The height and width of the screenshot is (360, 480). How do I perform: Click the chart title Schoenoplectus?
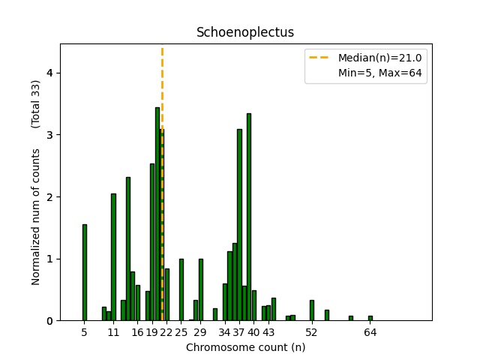245,32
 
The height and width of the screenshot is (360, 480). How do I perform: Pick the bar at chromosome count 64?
370,318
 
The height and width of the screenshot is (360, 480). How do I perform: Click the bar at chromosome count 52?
312,310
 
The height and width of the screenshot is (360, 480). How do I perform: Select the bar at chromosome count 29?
200,289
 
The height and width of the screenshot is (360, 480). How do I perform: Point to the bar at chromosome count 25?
181,289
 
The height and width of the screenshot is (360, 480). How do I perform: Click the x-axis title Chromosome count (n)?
245,347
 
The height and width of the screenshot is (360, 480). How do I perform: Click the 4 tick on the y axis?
56,73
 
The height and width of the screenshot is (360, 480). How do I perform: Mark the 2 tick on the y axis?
56,197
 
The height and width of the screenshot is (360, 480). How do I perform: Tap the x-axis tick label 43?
268,332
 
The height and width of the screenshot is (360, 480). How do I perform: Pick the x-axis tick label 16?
137,332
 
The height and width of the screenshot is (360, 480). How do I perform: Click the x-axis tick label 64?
370,332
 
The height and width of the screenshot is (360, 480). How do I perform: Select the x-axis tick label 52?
312,332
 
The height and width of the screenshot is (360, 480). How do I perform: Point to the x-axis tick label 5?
85,332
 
